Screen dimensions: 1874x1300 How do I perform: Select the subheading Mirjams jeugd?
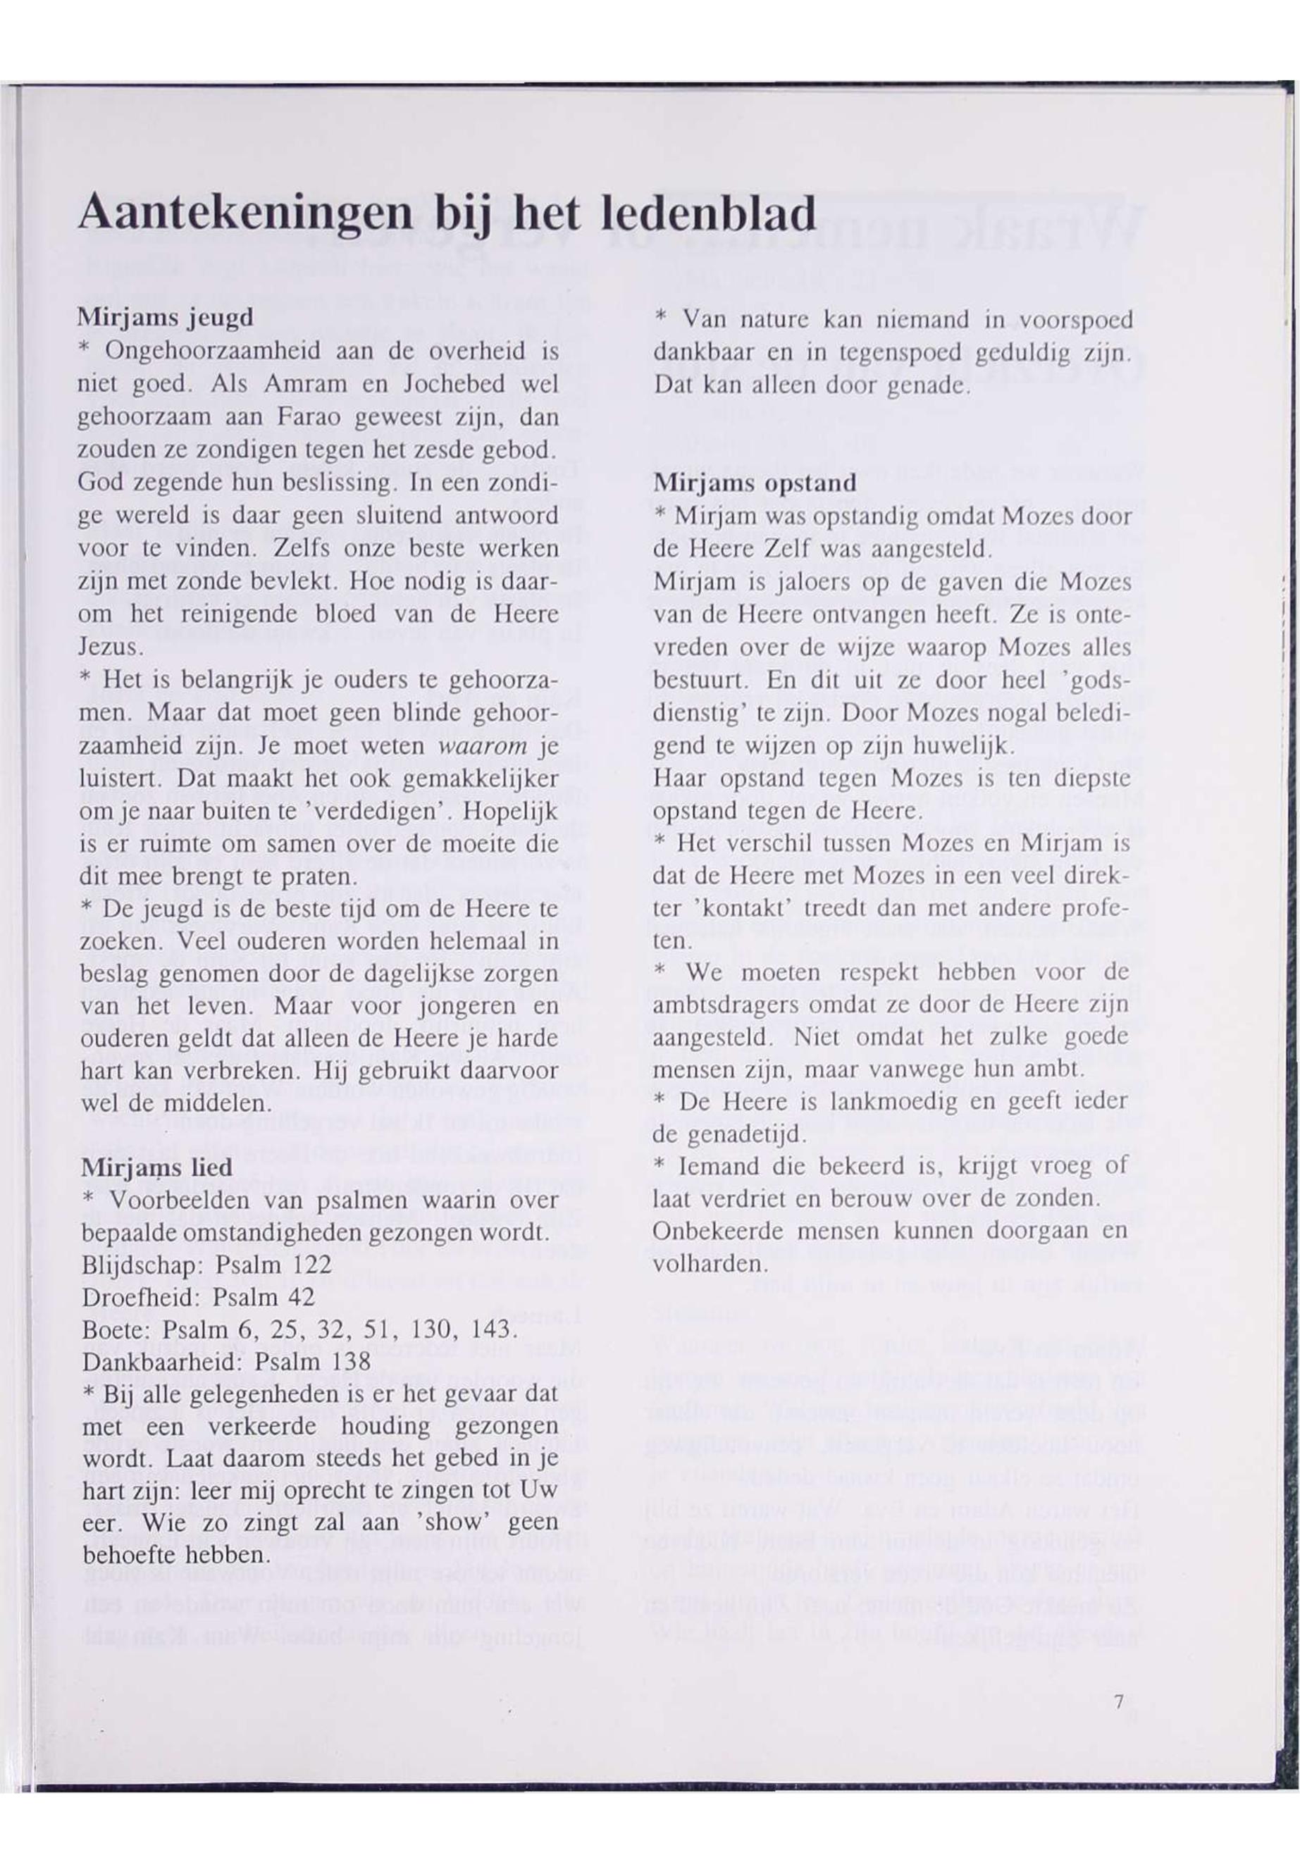point(166,317)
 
